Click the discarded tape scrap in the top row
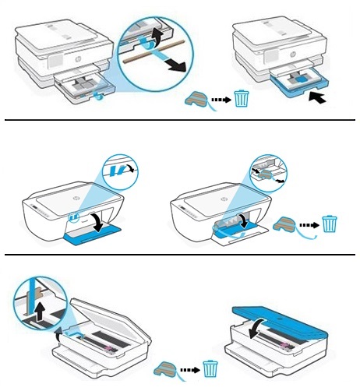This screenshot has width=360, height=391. [196, 100]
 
